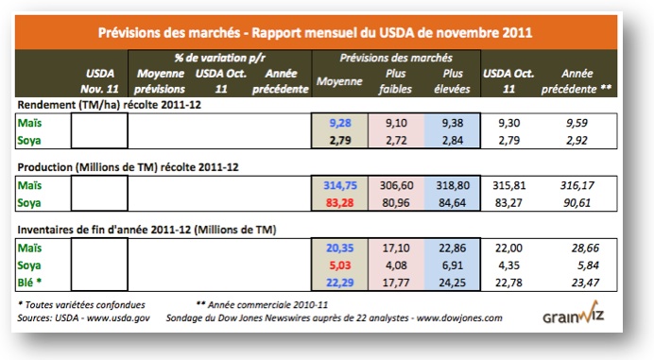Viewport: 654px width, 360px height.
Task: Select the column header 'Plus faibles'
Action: [x=396, y=80]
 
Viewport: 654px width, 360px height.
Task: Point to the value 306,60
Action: [x=396, y=186]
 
